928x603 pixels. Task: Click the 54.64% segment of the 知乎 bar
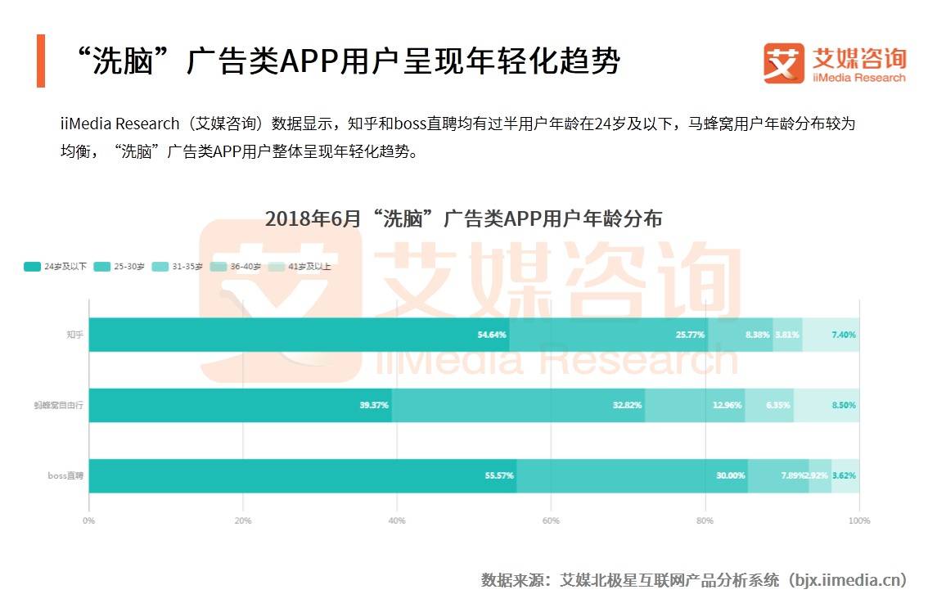[x=299, y=335]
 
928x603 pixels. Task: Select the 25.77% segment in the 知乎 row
[x=608, y=335]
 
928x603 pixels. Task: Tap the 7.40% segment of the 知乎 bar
[x=831, y=335]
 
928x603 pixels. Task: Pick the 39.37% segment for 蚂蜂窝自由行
[x=241, y=405]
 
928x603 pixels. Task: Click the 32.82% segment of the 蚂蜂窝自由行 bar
[x=518, y=405]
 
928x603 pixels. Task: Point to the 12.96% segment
[x=695, y=405]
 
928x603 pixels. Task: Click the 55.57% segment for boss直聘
[x=303, y=475]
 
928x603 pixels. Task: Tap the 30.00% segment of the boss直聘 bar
[x=632, y=475]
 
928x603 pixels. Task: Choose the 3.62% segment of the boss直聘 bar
[x=845, y=475]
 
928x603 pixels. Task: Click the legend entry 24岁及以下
[x=56, y=267]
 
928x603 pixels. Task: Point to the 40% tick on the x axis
[x=397, y=520]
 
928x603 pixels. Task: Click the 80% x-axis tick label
[x=705, y=520]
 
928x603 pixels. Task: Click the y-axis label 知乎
[x=74, y=335]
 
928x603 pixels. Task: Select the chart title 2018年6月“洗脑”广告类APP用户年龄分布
[x=463, y=219]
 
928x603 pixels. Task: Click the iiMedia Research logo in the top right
[x=835, y=64]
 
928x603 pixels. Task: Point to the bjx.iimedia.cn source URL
[x=848, y=580]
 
